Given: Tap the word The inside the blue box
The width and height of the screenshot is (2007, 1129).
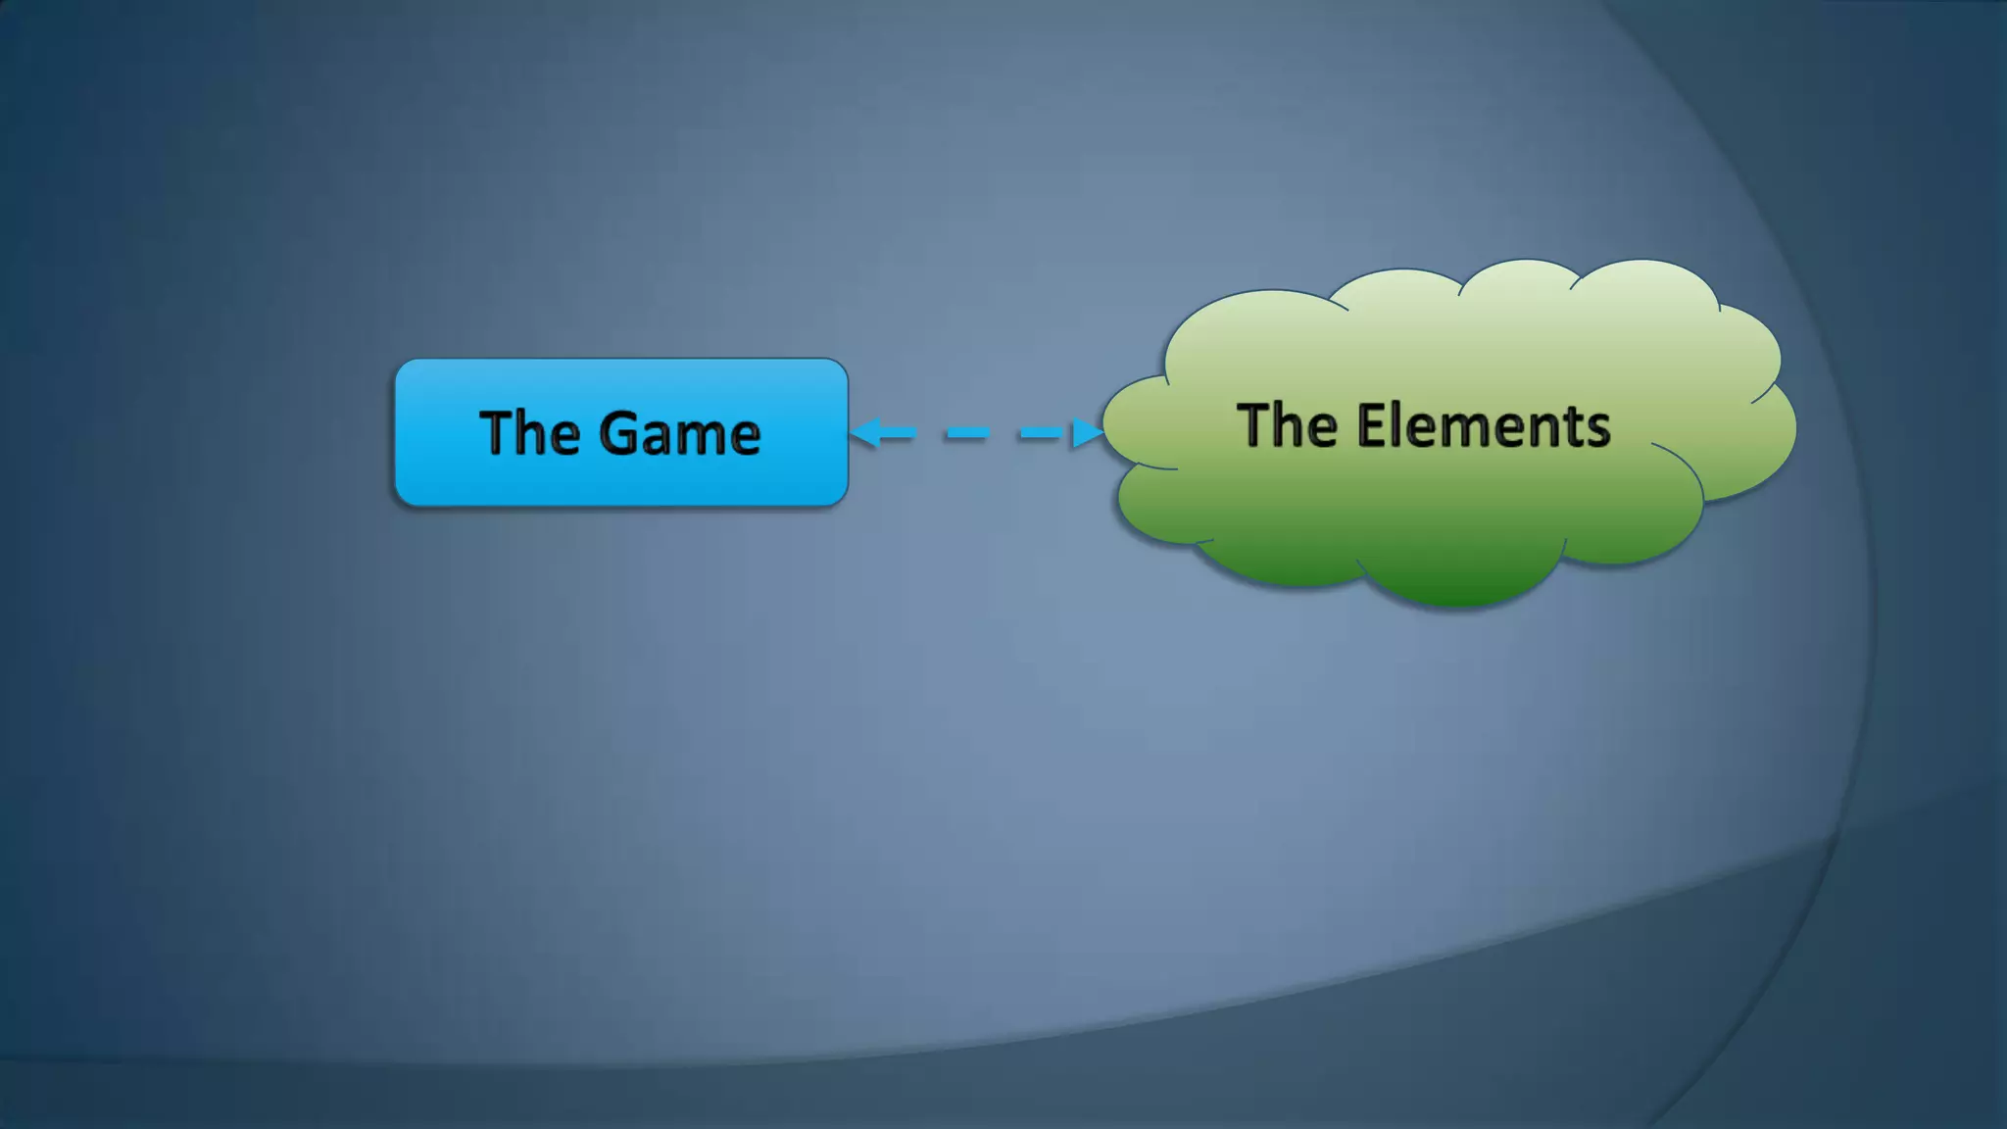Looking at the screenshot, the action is pos(529,432).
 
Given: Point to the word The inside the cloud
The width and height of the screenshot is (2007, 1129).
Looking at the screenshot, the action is pos(1287,425).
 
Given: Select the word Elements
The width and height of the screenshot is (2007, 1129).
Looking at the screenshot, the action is pos(1483,426).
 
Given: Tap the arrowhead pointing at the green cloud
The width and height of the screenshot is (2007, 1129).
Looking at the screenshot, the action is pos(1087,432).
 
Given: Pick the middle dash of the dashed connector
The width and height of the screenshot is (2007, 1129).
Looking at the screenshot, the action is pos(967,432).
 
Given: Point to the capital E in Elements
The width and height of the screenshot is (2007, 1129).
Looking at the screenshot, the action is pos(1371,425).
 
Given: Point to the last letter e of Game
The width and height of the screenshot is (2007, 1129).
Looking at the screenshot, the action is pos(744,437).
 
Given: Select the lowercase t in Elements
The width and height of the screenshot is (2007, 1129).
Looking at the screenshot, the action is pos(1572,428).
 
